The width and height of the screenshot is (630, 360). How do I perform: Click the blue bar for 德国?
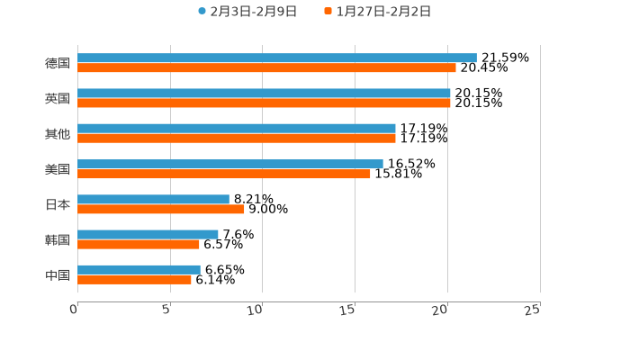(277, 58)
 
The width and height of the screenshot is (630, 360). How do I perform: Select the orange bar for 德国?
(266, 67)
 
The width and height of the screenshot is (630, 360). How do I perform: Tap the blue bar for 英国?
(264, 93)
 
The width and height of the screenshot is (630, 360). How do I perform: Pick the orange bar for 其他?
(237, 138)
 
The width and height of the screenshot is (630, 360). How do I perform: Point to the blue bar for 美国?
(230, 164)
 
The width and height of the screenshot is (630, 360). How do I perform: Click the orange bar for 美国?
(224, 174)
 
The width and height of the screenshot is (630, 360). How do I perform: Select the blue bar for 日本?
(153, 199)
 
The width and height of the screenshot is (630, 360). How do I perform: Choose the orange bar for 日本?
(161, 209)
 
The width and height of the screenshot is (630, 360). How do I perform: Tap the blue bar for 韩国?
(148, 234)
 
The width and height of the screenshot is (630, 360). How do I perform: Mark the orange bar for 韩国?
(139, 244)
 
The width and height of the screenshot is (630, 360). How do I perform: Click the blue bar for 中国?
(139, 269)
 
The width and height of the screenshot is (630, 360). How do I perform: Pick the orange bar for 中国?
(134, 279)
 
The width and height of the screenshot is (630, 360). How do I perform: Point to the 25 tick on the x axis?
(533, 310)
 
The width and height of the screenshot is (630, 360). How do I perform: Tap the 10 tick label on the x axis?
(256, 310)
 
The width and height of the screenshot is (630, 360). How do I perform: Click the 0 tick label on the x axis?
(74, 310)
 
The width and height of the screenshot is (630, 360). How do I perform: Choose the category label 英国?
(58, 98)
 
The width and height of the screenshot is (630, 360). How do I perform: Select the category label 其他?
(58, 133)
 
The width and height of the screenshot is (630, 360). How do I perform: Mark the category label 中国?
(58, 274)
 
